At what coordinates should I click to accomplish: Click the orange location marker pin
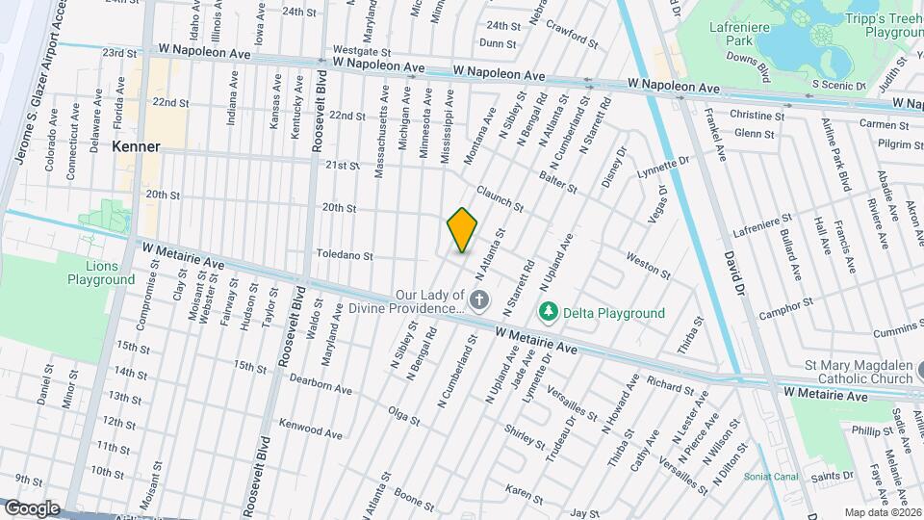[463, 230]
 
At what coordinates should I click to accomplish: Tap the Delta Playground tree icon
[548, 313]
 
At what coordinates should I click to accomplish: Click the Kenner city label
[135, 147]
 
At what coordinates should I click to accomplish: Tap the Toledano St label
[345, 255]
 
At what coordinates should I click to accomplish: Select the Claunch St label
[500, 200]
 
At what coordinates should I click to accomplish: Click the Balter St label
[558, 178]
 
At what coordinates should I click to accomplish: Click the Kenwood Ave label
[310, 429]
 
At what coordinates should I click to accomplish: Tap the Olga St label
[404, 417]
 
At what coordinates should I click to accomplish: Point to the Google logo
[32, 507]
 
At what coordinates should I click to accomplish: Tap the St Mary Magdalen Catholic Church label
[860, 372]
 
